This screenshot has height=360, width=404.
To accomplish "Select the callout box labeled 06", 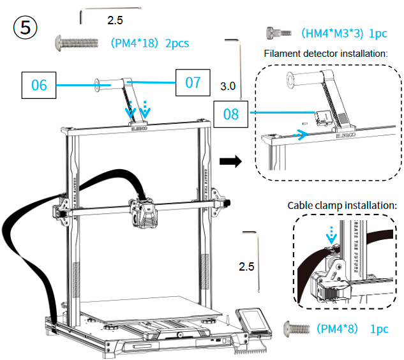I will click(39, 84).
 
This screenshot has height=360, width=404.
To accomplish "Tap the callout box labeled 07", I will click(193, 82).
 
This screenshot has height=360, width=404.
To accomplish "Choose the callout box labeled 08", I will click(230, 114).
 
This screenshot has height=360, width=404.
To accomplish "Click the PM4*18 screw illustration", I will click(75, 43).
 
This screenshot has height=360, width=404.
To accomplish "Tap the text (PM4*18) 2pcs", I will click(149, 44).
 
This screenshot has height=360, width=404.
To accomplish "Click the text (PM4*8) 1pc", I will click(352, 329).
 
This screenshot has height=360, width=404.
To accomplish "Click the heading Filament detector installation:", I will click(325, 53).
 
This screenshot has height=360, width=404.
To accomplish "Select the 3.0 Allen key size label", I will click(227, 86).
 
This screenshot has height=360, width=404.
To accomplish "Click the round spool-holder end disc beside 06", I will click(98, 84).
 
